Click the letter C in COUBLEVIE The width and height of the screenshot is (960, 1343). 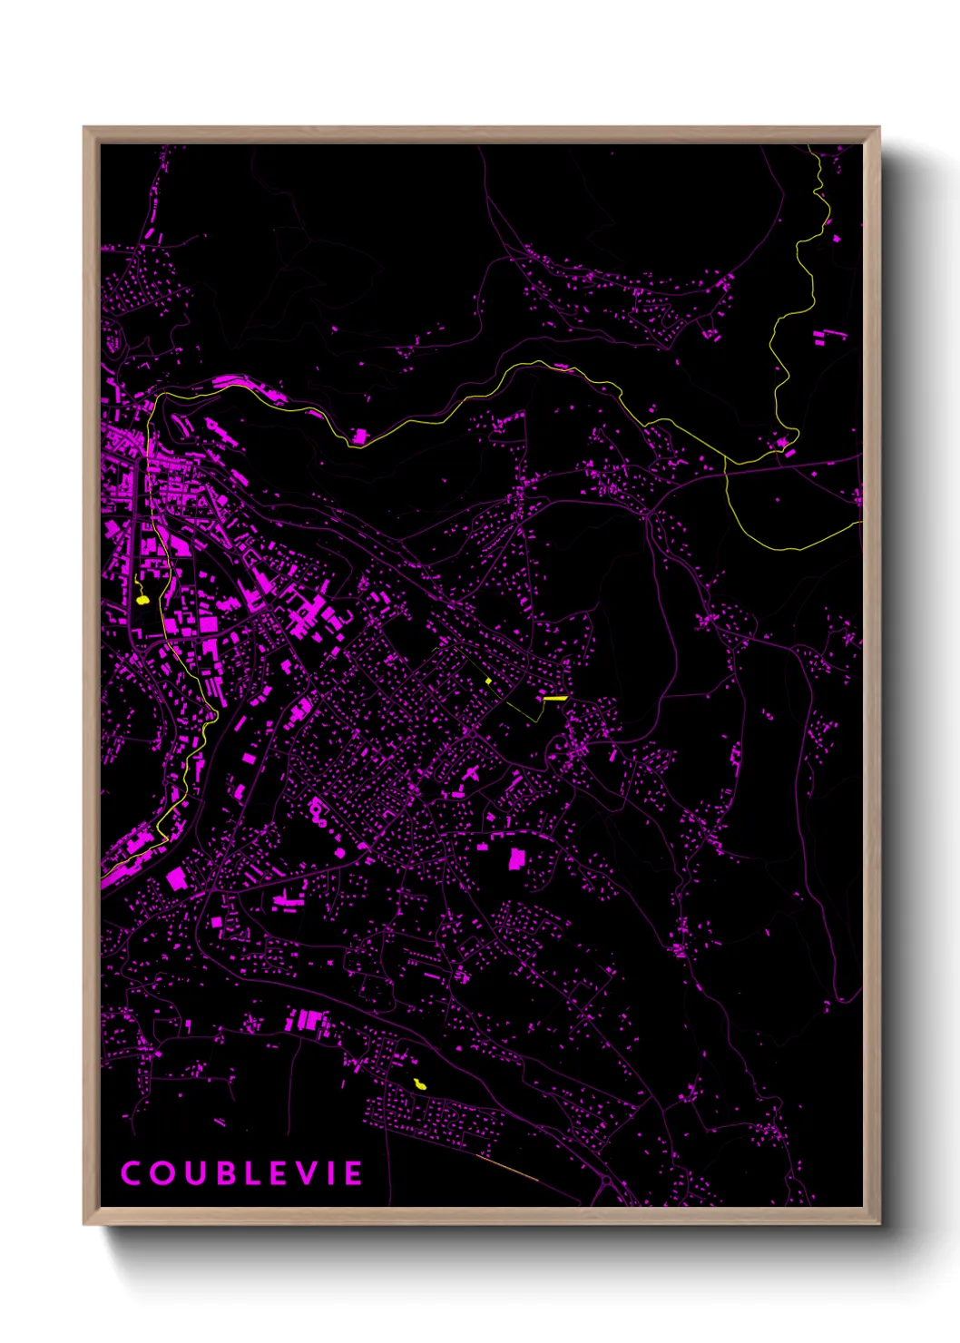[x=132, y=1173]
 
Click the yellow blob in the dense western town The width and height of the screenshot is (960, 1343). [x=142, y=599]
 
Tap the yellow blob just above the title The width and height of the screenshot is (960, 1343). [x=419, y=1084]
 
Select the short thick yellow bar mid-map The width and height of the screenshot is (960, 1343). [x=554, y=698]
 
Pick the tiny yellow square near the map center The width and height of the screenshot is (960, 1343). [x=488, y=680]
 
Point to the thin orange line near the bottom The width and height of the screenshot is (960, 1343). [x=508, y=1171]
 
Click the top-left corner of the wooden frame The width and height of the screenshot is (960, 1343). [x=84, y=128]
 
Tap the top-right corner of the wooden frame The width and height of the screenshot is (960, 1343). [x=878, y=128]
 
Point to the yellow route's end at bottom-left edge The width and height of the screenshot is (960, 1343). [x=103, y=878]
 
